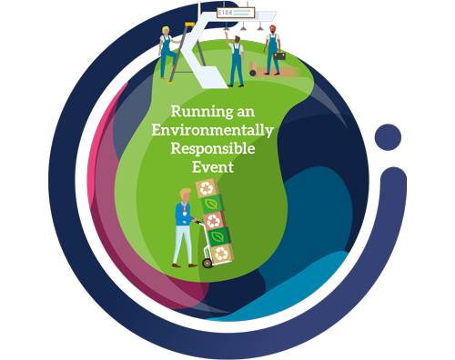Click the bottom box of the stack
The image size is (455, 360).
218,253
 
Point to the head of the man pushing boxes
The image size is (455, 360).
186,193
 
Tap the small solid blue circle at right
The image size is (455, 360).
389,138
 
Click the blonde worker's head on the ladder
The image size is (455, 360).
166,32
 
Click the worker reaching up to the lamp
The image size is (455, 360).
237,59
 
